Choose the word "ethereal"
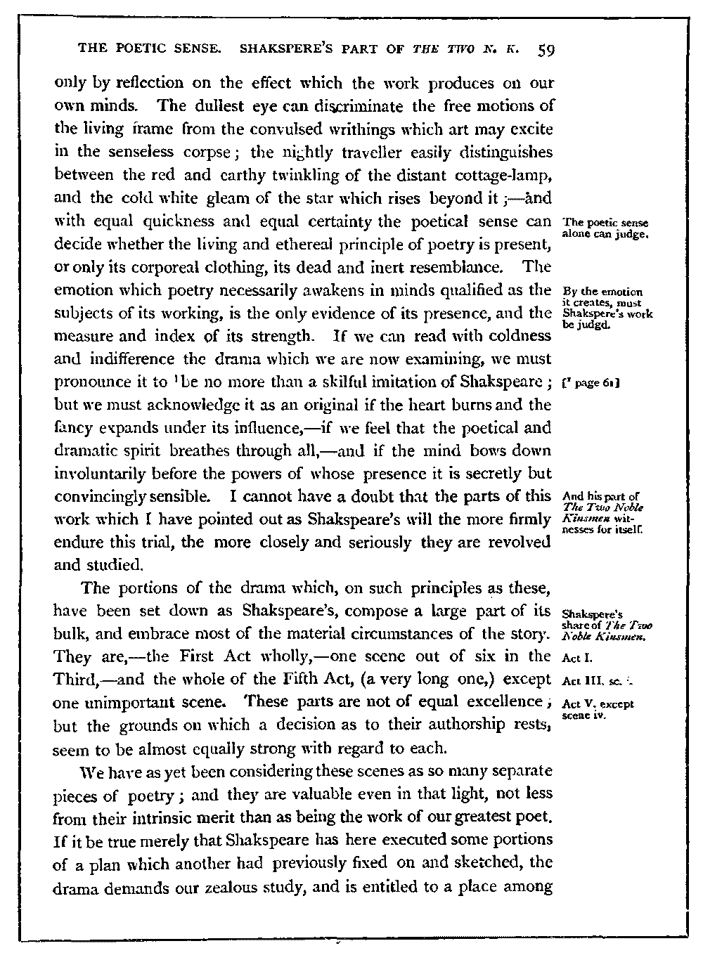click(x=292, y=245)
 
